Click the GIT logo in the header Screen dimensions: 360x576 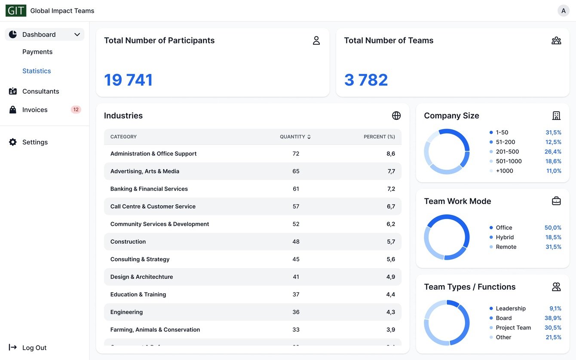tap(16, 11)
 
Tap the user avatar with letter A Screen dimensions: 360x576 tap(563, 11)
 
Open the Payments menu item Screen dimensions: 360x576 tap(37, 52)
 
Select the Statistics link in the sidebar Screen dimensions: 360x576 tap(37, 71)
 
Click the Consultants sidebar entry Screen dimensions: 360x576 tap(40, 91)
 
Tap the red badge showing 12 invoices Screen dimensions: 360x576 tap(76, 110)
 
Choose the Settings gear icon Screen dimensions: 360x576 tap(13, 142)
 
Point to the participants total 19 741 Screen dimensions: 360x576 tap(128, 80)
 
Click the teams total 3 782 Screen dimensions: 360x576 tap(366, 80)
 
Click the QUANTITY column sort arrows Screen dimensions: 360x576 tap(309, 137)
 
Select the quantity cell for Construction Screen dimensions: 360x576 tap(296, 241)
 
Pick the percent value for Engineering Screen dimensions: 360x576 tap(390, 312)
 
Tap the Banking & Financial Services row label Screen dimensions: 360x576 tap(149, 189)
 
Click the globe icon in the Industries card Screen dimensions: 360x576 tap(396, 116)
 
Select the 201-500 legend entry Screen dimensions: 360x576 tap(507, 152)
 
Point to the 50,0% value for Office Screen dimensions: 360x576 tap(553, 228)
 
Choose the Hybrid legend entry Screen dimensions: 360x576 tap(505, 237)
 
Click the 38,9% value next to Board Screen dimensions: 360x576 tap(553, 318)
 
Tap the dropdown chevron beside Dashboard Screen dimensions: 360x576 tap(77, 34)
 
